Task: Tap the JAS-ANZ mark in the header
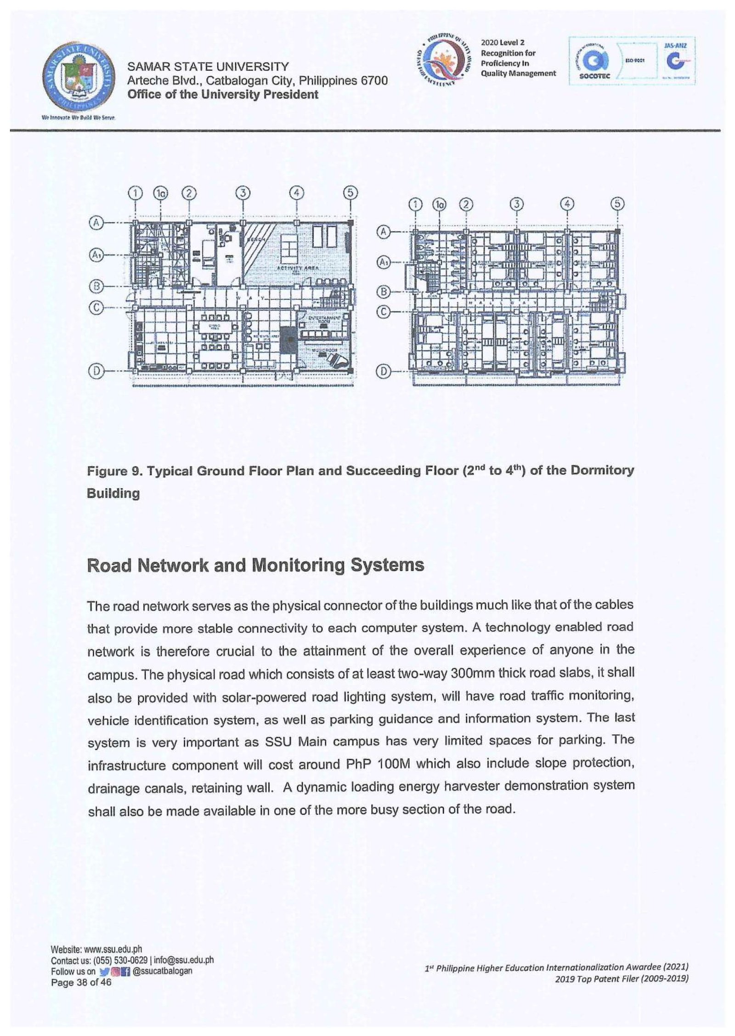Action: pos(675,61)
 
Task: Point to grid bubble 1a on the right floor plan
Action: pos(440,204)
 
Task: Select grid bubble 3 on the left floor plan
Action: pos(243,192)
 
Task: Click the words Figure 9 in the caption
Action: pos(111,471)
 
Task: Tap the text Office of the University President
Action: pos(223,95)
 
